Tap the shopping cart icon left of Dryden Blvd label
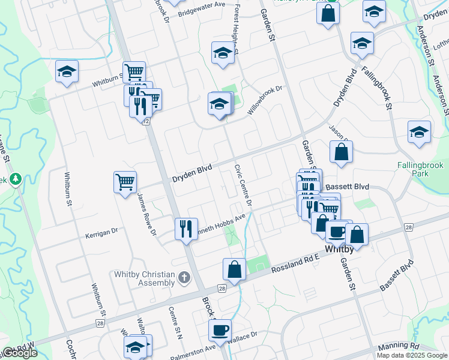(125, 181)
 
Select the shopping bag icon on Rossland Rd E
(234, 270)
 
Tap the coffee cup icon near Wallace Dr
(220, 329)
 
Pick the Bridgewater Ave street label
(201, 9)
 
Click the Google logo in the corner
(19, 353)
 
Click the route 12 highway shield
(146, 121)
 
